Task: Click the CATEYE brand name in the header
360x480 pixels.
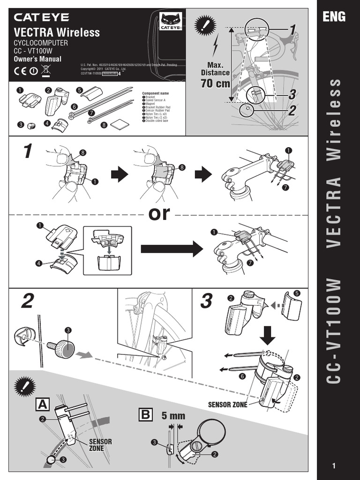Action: coord(42,18)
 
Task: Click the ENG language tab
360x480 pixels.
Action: coord(334,17)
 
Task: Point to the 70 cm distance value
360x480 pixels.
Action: coord(215,84)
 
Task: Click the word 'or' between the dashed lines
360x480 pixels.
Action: coord(159,214)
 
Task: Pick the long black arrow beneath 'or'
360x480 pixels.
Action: coord(171,249)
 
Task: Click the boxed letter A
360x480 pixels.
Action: coord(42,404)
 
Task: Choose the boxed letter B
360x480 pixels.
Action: coord(145,415)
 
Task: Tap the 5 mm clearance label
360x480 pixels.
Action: coord(173,416)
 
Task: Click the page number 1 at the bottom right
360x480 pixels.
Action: coord(334,465)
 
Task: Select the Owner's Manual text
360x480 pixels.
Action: coord(37,59)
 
